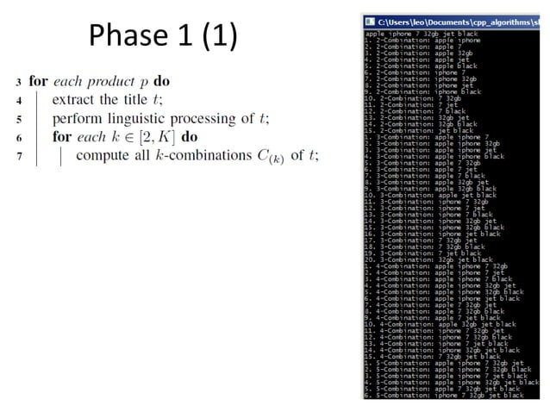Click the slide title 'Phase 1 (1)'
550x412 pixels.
(x=162, y=35)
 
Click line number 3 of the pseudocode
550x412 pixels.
(x=18, y=82)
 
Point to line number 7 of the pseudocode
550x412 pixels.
(x=18, y=156)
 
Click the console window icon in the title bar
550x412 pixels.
(x=370, y=20)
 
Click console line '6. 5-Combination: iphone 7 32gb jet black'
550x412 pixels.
(x=443, y=395)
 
